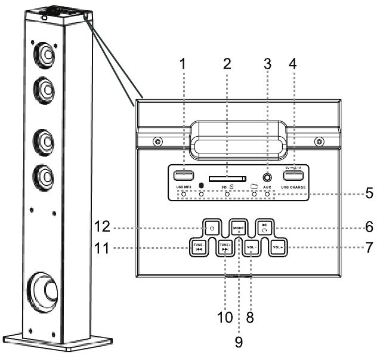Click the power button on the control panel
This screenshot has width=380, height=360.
tap(212, 228)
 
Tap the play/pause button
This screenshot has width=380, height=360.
tap(264, 228)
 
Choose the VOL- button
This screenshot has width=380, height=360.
tap(251, 247)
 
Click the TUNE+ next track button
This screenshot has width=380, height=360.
tap(225, 247)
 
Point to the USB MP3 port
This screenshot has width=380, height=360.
tap(184, 176)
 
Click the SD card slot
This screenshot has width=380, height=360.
tap(228, 177)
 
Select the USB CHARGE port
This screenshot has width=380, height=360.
tap(295, 176)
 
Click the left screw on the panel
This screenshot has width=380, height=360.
tap(157, 142)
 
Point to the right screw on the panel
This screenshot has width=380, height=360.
tap(320, 142)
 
